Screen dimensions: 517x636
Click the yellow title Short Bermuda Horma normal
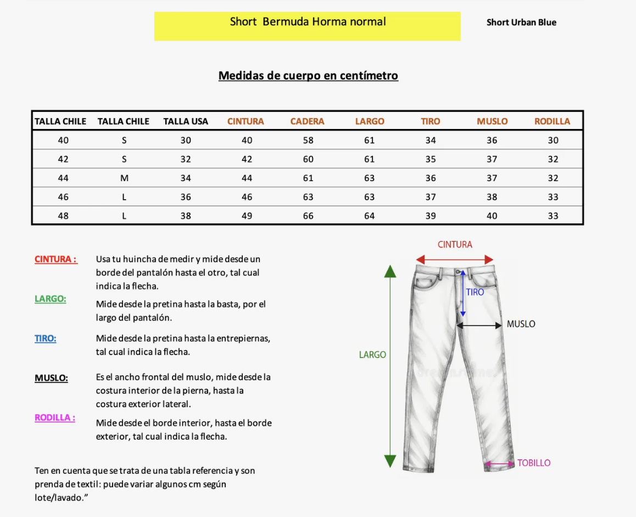pos(308,23)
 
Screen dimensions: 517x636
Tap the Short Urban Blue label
pos(521,23)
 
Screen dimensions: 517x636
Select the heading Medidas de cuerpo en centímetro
pos(308,76)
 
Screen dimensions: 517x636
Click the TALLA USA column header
pos(186,121)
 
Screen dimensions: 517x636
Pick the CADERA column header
pos(308,121)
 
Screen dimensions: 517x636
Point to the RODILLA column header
pos(552,121)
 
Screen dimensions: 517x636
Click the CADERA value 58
pos(308,141)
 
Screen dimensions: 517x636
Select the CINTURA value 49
pos(247,216)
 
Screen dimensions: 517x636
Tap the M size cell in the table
pos(124,178)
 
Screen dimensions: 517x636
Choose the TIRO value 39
pos(431,216)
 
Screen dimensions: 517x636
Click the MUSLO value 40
pos(492,216)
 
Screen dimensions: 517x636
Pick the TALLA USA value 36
pos(186,197)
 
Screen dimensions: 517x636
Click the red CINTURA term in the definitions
pos(55,259)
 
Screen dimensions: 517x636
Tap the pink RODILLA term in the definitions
pos(55,418)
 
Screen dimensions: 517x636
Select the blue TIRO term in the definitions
pos(46,339)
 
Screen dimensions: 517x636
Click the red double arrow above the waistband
pos(455,259)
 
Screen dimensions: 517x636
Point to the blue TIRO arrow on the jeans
pos(463,293)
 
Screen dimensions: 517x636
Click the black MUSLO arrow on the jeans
pos(479,325)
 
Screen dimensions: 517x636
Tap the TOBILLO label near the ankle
pos(533,463)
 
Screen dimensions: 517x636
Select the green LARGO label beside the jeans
pos(372,355)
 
